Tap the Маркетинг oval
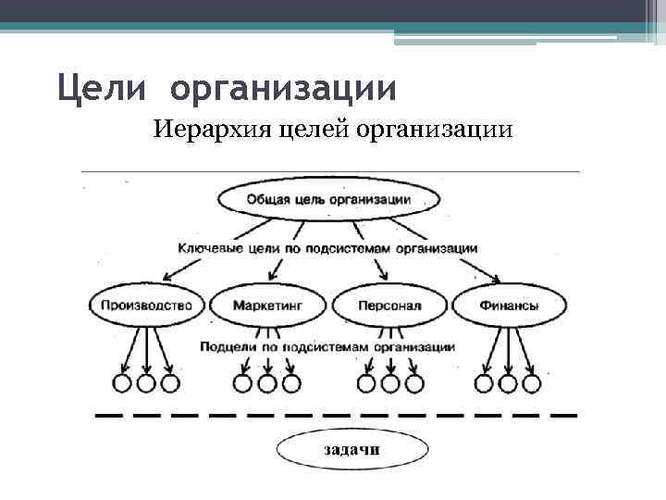266,305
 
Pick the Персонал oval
388,305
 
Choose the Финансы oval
510,305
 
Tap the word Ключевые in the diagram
204,248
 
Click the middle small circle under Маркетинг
267,382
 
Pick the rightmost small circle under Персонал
413,382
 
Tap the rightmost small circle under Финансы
531,382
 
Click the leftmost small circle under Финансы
483,382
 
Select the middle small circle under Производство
146,382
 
